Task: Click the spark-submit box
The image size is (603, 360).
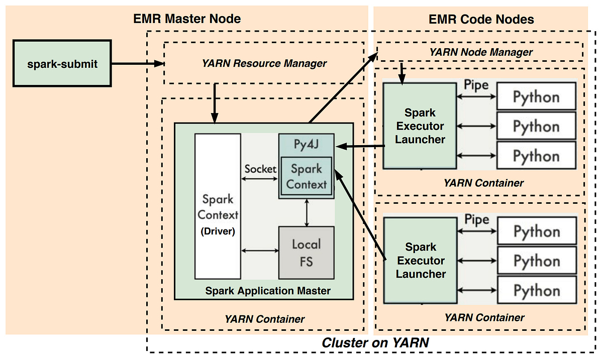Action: pyautogui.click(x=62, y=64)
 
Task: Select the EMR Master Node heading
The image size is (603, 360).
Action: pyautogui.click(x=187, y=19)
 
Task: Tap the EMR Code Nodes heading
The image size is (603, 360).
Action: pyautogui.click(x=481, y=20)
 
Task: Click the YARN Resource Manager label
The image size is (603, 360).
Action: pyautogui.click(x=264, y=64)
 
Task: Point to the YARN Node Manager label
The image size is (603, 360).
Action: pyautogui.click(x=481, y=52)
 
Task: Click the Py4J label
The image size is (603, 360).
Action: pyautogui.click(x=306, y=144)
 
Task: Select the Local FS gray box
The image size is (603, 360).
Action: pyautogui.click(x=306, y=253)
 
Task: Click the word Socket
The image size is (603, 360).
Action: pyautogui.click(x=260, y=169)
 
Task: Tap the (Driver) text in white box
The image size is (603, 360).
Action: pyautogui.click(x=218, y=232)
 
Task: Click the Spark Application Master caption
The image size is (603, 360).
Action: pyautogui.click(x=268, y=291)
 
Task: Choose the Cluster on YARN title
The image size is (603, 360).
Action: pyautogui.click(x=375, y=343)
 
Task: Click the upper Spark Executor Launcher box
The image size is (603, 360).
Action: pyautogui.click(x=420, y=126)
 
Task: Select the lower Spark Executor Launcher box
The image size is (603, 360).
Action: pyautogui.click(x=420, y=261)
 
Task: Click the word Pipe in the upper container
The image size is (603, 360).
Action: pyautogui.click(x=476, y=85)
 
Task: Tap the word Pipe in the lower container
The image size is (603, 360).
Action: pyautogui.click(x=476, y=220)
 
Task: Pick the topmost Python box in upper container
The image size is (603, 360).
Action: pyautogui.click(x=536, y=97)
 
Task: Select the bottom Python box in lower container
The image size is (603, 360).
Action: pyautogui.click(x=536, y=291)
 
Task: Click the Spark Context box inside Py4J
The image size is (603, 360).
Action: pyautogui.click(x=306, y=176)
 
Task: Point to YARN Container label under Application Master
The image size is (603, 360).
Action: pyautogui.click(x=264, y=319)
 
